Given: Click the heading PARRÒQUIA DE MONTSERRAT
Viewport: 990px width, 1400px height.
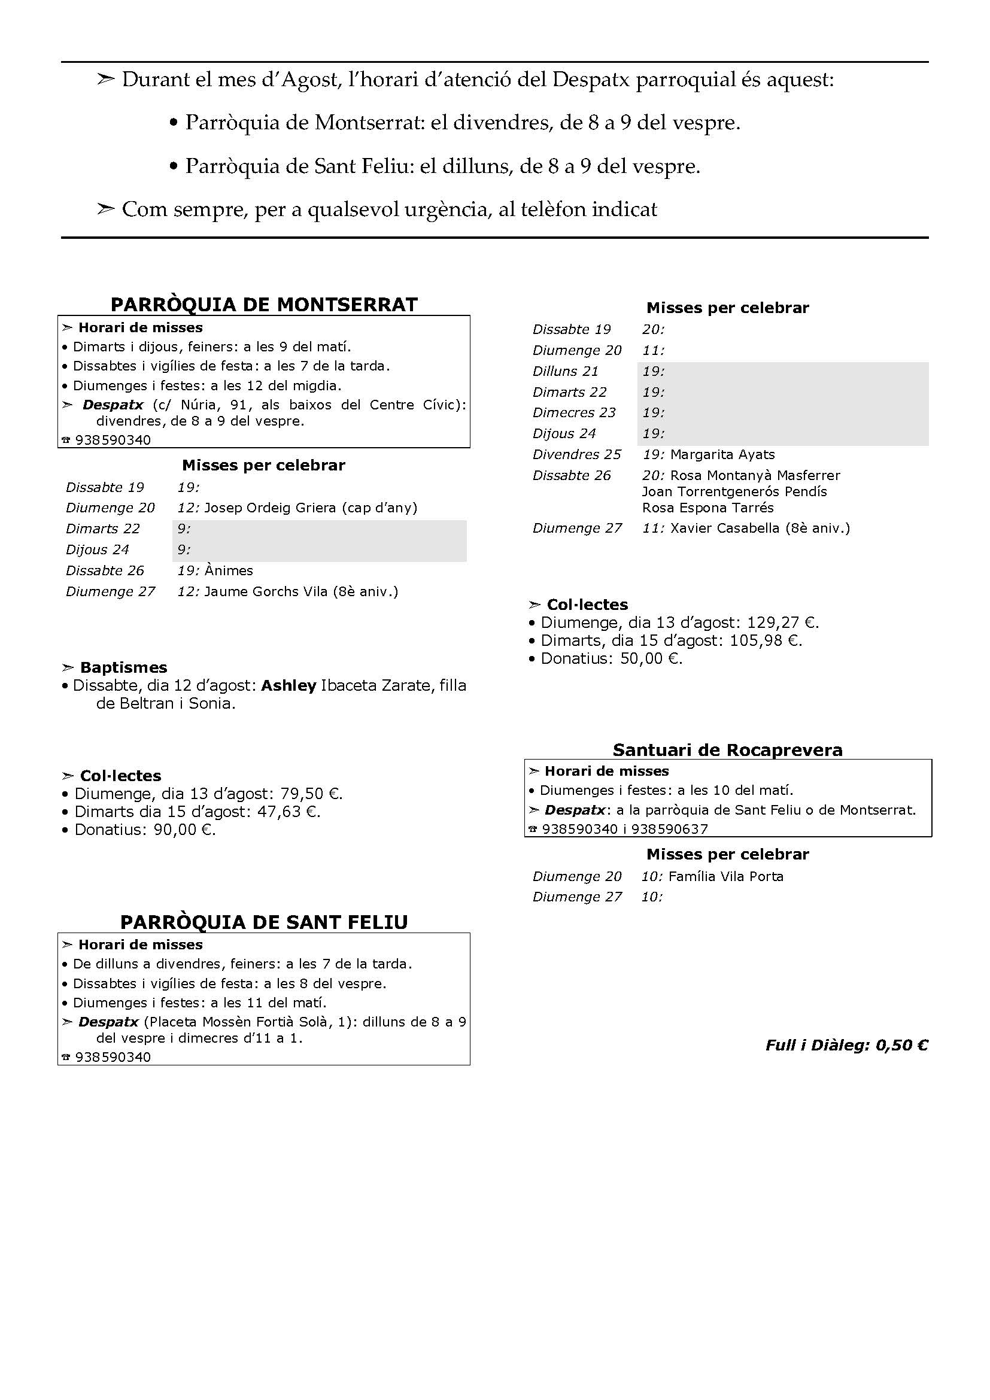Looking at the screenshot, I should pos(264,304).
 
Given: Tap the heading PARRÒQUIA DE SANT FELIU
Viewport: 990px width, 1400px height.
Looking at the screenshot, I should pos(264,922).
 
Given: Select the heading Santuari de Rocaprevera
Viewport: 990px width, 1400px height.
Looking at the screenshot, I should pos(727,749).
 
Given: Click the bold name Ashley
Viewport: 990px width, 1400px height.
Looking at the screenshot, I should pos(289,685).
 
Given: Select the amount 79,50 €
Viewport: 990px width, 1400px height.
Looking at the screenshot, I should pos(310,794).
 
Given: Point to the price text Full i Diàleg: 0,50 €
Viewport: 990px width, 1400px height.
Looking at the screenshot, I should pos(846,1045).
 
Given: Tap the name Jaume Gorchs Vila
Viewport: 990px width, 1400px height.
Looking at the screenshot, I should pos(266,591).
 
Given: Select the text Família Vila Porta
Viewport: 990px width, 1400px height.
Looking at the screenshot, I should pos(725,876).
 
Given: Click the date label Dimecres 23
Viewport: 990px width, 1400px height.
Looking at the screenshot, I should pos(573,412).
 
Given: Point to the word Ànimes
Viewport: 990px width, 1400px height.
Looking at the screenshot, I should pos(229,570).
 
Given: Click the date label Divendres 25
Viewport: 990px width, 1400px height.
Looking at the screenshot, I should pos(576,454).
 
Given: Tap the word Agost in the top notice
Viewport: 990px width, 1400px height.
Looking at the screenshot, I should pos(306,80).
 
